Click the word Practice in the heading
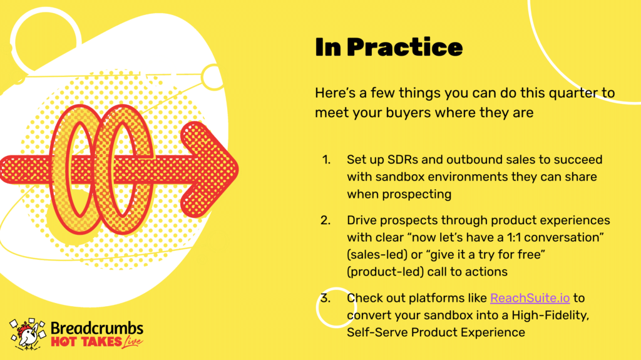coord(405,47)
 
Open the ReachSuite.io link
coord(530,298)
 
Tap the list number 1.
coord(326,160)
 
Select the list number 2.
coord(326,220)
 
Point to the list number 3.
coord(326,298)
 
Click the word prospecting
coord(416,195)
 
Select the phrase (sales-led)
coord(377,255)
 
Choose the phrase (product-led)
coord(386,272)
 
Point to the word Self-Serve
coord(377,332)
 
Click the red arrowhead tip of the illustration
coord(238,168)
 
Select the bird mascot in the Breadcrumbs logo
coord(28,334)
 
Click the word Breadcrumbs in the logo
coord(97,329)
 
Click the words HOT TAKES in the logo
coord(86,342)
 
